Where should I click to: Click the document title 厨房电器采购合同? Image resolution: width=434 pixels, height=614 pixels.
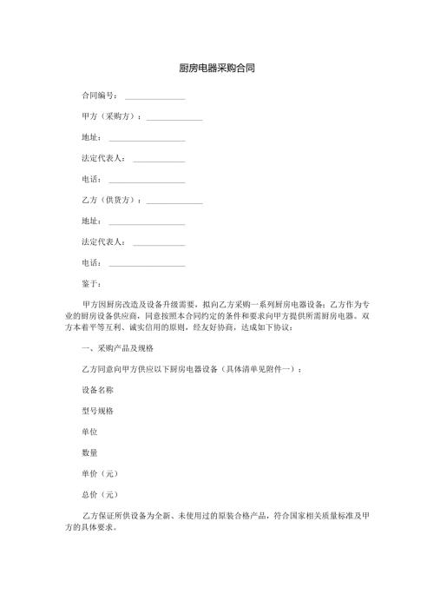pos(217,67)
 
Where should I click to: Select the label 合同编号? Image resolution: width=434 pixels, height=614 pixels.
pos(98,96)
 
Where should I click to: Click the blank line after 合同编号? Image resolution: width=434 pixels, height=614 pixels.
pos(155,97)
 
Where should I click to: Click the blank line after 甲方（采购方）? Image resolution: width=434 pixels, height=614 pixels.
pos(174,118)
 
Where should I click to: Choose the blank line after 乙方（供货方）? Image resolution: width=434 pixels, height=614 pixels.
pos(174,201)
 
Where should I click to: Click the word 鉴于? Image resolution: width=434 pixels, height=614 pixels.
pos(90,283)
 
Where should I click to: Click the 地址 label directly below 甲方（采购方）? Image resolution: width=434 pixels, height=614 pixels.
pos(90,137)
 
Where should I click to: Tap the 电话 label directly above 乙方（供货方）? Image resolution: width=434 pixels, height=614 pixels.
pos(90,179)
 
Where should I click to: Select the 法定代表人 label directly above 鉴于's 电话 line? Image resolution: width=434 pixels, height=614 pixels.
pos(102,241)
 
